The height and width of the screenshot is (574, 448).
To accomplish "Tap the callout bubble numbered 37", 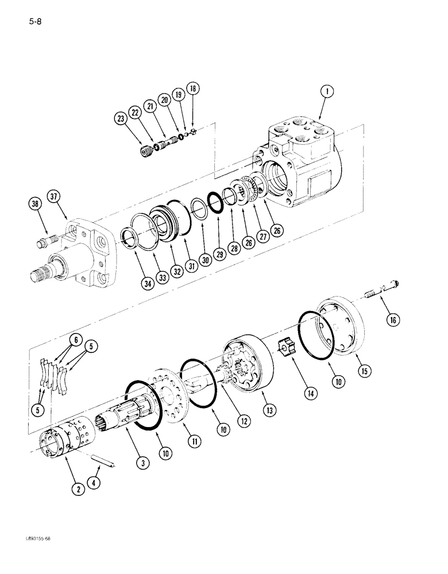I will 55,198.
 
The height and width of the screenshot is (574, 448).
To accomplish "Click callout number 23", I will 121,119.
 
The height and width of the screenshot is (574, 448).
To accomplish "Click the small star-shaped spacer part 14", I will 285,348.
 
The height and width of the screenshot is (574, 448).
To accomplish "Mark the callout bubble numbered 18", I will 192,89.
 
